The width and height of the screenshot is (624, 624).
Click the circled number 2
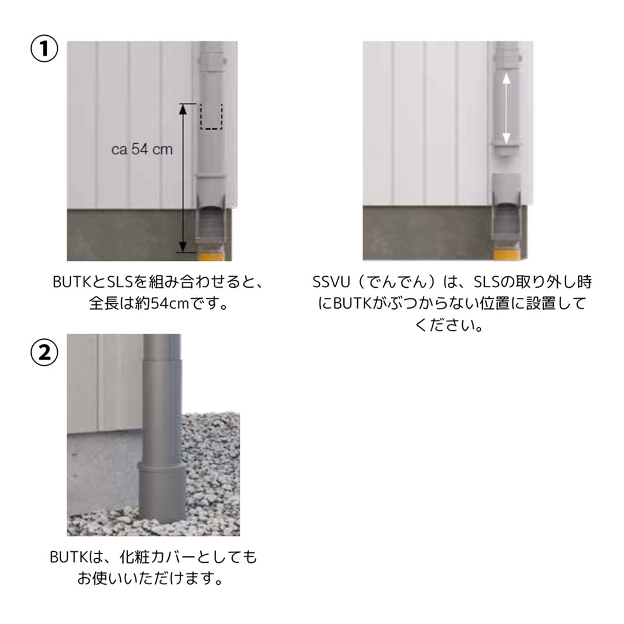point(44,354)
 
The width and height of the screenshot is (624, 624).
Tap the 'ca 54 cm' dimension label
point(142,149)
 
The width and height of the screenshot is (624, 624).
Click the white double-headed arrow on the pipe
point(506,108)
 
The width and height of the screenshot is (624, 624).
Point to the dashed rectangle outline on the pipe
point(211,117)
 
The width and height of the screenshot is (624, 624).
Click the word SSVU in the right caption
point(328,283)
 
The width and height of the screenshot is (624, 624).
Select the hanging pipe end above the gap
point(506,149)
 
